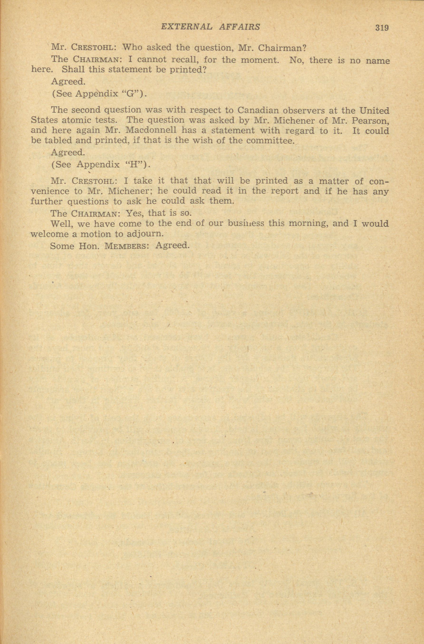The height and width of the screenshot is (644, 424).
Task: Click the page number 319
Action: (x=382, y=28)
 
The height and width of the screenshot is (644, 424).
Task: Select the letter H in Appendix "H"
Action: (x=134, y=165)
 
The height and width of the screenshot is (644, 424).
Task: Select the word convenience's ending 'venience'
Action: (x=50, y=191)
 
